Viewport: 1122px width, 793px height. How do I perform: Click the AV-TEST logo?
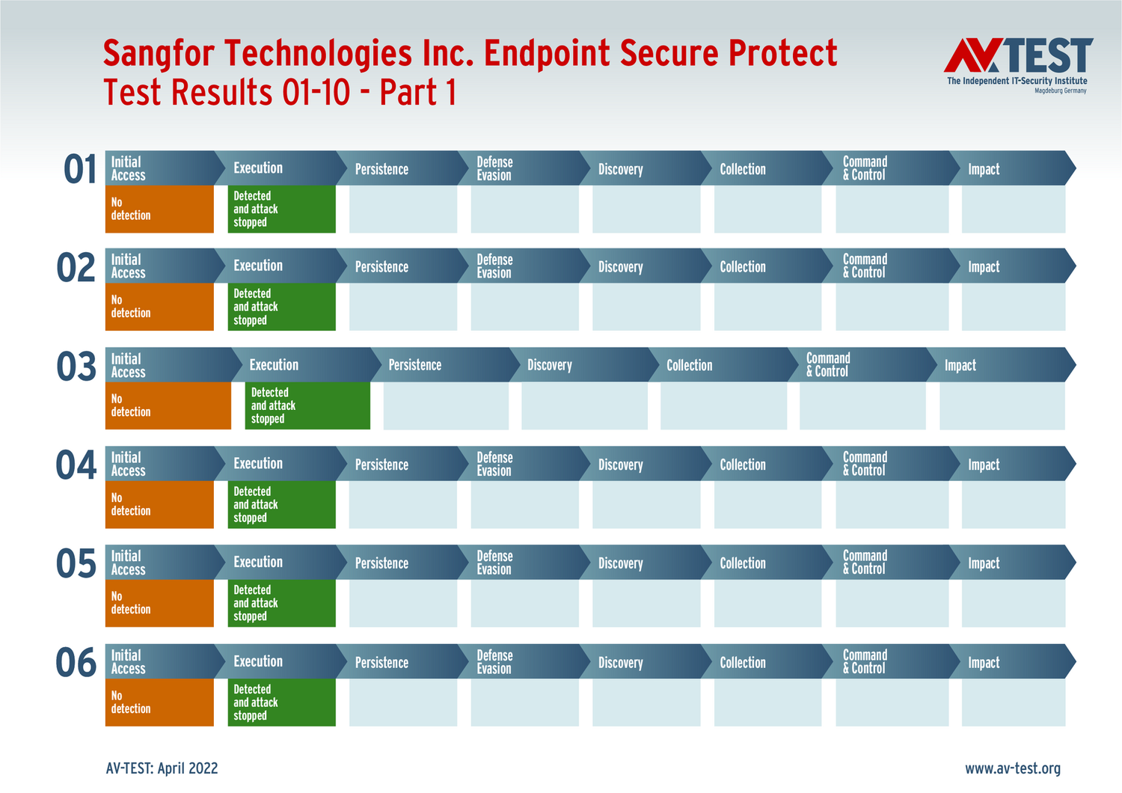[x=1018, y=65]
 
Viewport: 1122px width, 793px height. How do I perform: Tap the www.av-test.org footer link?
[x=1012, y=768]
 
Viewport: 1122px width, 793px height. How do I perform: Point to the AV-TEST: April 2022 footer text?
[x=162, y=768]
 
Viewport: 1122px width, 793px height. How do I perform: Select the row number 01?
[x=79, y=169]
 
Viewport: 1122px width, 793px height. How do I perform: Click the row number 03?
[x=76, y=367]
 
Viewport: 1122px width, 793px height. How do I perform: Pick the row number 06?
[x=76, y=662]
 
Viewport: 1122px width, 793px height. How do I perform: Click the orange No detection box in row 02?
[x=159, y=307]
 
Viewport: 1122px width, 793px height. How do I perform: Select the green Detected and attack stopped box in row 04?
[x=281, y=504]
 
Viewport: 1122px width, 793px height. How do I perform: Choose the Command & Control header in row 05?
[x=892, y=562]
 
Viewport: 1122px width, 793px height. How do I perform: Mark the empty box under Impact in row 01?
[x=1014, y=209]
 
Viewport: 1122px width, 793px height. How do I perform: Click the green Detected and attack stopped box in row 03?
[x=307, y=405]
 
